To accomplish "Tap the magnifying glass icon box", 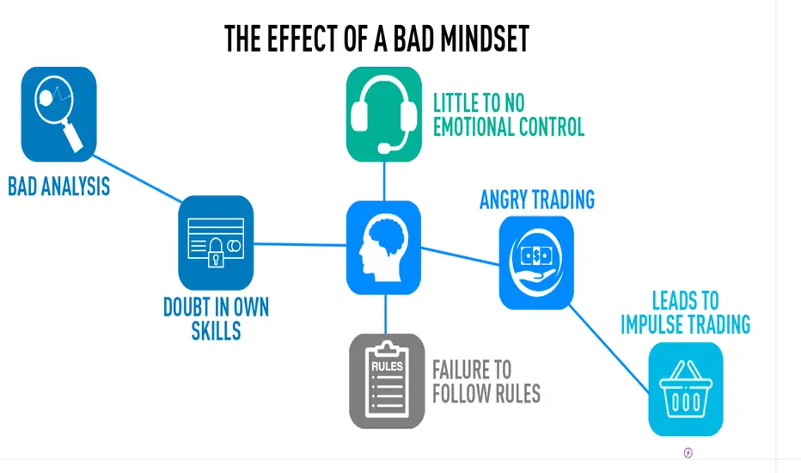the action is point(58,114).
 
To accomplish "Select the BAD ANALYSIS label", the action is point(58,186).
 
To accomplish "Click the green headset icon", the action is point(384,114).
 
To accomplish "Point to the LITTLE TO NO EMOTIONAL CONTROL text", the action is point(509,115).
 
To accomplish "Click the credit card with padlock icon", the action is point(216,243).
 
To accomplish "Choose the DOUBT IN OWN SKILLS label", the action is point(216,318).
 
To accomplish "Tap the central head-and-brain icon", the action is point(383,248).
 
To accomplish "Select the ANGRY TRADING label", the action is point(537,200).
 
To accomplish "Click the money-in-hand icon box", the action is point(536,263).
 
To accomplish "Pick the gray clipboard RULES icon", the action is point(387,381).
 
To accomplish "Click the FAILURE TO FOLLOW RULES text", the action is point(486,382).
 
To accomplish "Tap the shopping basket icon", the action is point(686,389).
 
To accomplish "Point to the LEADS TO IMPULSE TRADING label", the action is point(686,312).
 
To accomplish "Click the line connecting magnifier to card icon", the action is point(137,179).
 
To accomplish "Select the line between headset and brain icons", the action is point(384,181).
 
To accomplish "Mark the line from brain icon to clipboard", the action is point(386,314).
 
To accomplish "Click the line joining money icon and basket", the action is point(609,349).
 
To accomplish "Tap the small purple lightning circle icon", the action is point(688,453).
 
